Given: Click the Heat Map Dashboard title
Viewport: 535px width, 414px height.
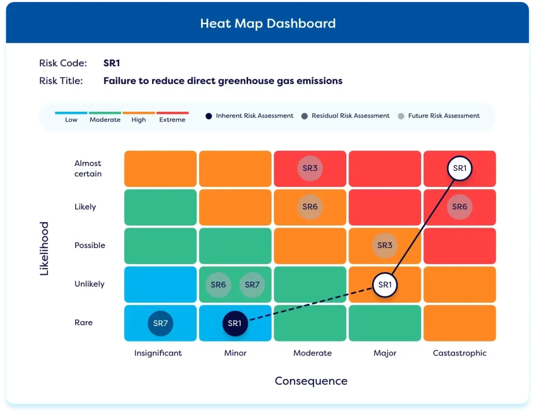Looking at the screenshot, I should click(x=267, y=23).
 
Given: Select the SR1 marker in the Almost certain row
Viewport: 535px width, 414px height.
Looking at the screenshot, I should click(x=460, y=168).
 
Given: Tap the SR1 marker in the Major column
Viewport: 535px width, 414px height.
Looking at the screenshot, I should click(x=385, y=285).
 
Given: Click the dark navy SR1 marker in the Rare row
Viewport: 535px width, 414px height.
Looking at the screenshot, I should click(x=235, y=323).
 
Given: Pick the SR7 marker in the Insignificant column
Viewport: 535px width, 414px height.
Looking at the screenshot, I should click(x=160, y=323).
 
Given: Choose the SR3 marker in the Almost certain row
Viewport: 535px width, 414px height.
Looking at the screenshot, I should click(x=310, y=168).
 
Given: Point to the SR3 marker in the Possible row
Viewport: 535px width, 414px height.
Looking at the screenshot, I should click(x=385, y=245).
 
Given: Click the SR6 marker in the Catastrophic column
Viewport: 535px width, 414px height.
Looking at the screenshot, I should click(x=460, y=207).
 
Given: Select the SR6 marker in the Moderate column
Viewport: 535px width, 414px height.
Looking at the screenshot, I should click(x=310, y=207).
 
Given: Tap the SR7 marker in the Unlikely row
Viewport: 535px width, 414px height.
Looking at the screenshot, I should click(x=252, y=285).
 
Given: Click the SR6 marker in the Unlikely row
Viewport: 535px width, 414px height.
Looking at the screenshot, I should click(x=218, y=285).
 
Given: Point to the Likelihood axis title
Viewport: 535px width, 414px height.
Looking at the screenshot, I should click(x=44, y=249).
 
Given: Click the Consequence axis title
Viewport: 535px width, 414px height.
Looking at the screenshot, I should click(x=311, y=381).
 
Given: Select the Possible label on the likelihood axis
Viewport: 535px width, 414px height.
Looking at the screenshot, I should click(x=90, y=245).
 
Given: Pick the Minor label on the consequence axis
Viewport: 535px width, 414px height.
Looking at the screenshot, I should click(x=235, y=353).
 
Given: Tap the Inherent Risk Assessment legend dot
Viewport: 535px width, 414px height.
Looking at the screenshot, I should click(x=208, y=116).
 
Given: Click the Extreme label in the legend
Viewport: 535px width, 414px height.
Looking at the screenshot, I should click(x=172, y=120).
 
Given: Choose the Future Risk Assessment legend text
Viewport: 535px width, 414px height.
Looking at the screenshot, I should click(x=444, y=116).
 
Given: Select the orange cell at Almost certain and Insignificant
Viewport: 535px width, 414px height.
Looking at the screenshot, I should click(x=160, y=169).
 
